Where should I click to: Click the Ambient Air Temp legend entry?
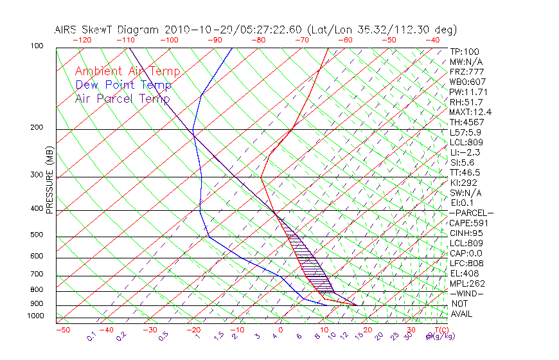point(127,71)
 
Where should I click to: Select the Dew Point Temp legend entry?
point(123,85)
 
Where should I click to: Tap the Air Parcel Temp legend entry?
point(122,98)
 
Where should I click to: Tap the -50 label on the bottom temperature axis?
point(62,330)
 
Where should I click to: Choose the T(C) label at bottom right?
point(439,330)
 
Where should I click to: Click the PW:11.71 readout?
point(466,92)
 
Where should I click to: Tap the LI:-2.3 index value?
point(464,152)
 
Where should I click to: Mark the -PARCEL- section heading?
point(471,213)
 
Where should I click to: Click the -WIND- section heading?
point(466,294)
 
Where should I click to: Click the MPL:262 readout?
point(466,283)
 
